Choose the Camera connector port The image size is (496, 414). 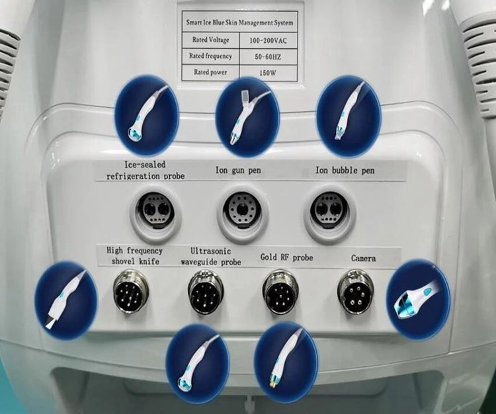(356, 291)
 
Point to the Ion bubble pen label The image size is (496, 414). (344, 171)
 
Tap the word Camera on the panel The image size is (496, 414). (363, 258)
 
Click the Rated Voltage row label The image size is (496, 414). (210, 40)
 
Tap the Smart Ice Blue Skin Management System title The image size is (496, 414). (239, 22)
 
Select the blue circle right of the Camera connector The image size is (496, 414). (418, 299)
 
